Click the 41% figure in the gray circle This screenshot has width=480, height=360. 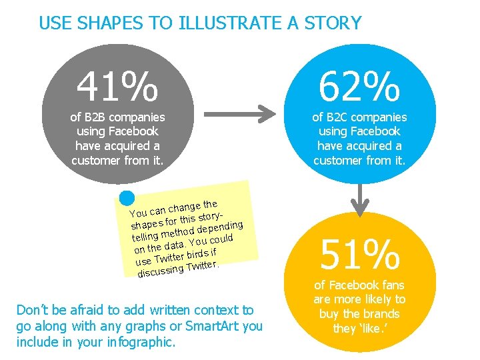[117, 87]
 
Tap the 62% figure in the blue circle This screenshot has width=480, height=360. [359, 87]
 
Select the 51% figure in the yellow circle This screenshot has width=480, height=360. [360, 254]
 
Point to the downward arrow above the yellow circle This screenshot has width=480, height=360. [360, 198]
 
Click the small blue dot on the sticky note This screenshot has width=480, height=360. [127, 199]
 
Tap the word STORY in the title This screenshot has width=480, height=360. [335, 23]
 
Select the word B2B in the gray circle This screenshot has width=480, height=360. [97, 117]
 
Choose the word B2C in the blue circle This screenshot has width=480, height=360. [339, 117]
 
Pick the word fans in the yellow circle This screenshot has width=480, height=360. [390, 285]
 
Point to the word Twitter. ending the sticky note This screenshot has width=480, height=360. [202, 265]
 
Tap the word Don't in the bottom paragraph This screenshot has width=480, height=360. [31, 310]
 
